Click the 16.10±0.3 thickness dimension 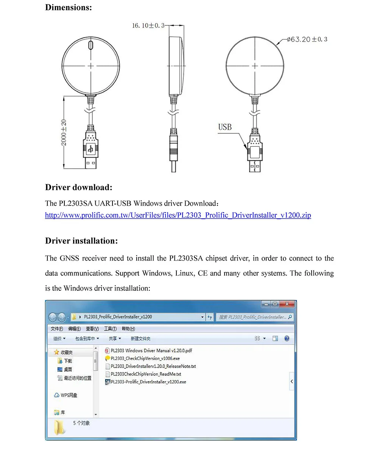coord(148,26)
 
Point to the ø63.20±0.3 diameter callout coord(307,39)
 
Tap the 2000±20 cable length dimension coord(64,132)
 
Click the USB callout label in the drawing coord(225,127)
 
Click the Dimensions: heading coord(69,7)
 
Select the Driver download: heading coord(79,187)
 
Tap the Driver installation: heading coord(81,241)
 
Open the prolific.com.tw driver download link coord(178,215)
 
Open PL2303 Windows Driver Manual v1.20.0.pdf coord(151,351)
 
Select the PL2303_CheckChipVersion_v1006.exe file coord(145,358)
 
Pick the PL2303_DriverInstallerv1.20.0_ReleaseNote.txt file coord(153,366)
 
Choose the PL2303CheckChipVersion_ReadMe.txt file coord(146,374)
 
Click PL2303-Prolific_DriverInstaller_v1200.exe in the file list coord(148,382)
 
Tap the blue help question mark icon coord(287,338)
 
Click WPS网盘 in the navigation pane coord(69,395)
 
